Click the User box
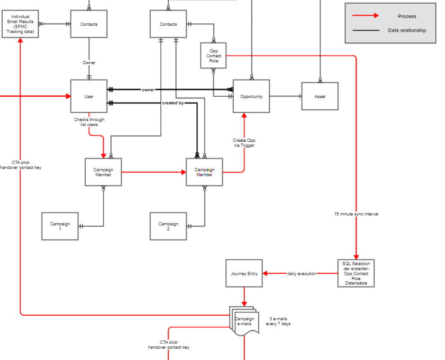click(x=89, y=96)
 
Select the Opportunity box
click(x=251, y=96)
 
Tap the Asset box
click(x=320, y=96)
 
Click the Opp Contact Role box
click(x=213, y=56)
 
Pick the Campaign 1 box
click(x=60, y=226)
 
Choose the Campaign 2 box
click(x=168, y=226)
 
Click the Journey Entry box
click(x=244, y=273)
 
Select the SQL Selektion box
click(x=356, y=273)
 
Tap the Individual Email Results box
click(x=20, y=24)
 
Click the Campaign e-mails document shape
click(x=244, y=321)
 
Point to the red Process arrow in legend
click(x=366, y=16)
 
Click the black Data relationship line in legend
click(x=366, y=30)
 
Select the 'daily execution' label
click(x=301, y=274)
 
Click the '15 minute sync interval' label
click(x=356, y=214)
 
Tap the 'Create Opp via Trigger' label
click(x=244, y=143)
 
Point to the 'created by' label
click(x=173, y=103)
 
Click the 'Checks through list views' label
click(x=89, y=122)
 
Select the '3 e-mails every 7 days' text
click(x=278, y=321)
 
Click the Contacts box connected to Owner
click(x=89, y=24)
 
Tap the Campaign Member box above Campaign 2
click(x=204, y=172)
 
